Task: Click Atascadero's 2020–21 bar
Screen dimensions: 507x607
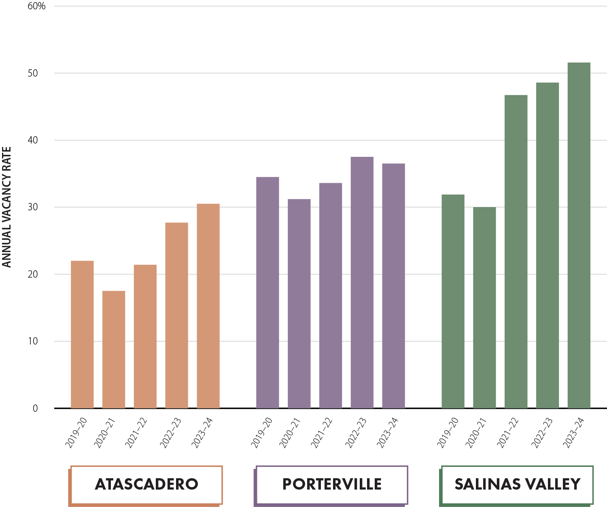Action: coord(114,349)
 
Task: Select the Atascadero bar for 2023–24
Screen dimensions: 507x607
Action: coord(208,306)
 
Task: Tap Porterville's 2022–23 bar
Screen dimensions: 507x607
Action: coord(362,282)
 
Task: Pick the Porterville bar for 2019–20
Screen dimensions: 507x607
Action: coord(267,293)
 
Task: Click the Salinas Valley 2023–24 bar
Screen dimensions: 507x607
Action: coord(579,235)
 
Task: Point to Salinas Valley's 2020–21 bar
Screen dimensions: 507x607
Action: coord(484,308)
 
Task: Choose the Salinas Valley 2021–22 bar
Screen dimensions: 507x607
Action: coord(516,251)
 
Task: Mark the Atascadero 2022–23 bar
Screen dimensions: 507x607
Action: coord(176,315)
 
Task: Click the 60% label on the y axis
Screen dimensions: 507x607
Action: coord(36,6)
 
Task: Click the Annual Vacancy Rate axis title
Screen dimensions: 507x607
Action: coord(7,207)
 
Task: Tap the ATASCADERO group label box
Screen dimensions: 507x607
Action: coord(146,484)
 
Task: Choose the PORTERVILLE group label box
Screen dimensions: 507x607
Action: coord(332,484)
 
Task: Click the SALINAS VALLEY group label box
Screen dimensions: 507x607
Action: coord(517,484)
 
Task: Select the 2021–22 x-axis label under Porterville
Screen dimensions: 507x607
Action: coord(322,432)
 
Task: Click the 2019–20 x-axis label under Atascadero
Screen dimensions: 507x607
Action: coord(75,432)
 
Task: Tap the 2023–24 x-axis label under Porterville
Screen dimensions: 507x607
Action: coord(388,432)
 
